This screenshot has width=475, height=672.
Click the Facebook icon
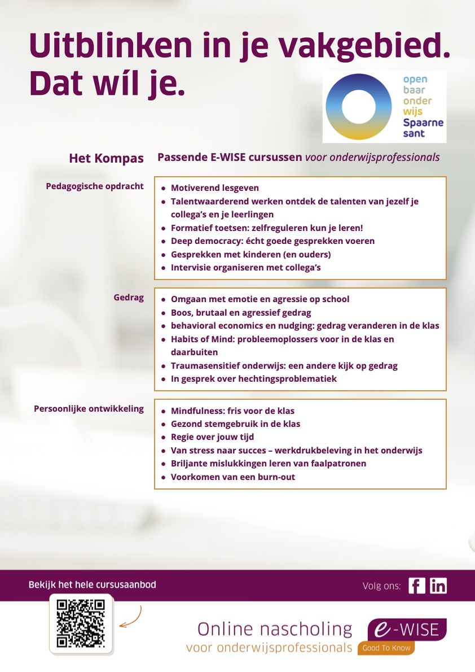coord(416,586)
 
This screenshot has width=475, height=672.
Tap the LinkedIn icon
coord(438,586)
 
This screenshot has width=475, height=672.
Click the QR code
coord(81,623)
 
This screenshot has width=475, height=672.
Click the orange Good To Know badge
coord(386,648)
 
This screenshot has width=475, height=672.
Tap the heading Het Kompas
coord(106,158)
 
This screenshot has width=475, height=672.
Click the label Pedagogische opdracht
coord(95,186)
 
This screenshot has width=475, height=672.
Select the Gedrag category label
coord(129,298)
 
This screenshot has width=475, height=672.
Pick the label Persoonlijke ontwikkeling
coord(89,409)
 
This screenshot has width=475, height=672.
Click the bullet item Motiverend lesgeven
coord(215,188)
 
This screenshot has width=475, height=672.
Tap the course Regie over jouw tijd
coord(212,437)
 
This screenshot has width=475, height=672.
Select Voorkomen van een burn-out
coord(232,477)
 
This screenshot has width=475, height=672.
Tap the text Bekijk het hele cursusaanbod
coord(92,584)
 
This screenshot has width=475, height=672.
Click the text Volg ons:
coord(381,586)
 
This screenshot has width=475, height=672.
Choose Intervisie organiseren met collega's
coord(245,268)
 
